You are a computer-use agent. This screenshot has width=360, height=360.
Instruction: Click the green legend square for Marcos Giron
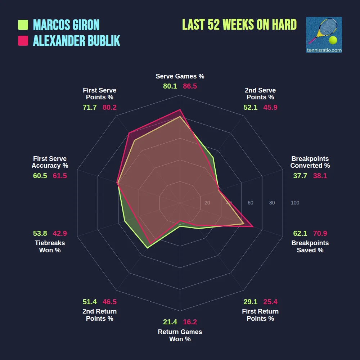pyautogui.click(x=23, y=25)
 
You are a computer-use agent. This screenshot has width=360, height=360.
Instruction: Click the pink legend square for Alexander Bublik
pyautogui.click(x=23, y=41)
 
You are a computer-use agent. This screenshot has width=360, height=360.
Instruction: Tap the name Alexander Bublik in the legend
pyautogui.click(x=76, y=41)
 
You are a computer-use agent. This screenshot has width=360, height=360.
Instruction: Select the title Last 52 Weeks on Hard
pyautogui.click(x=239, y=25)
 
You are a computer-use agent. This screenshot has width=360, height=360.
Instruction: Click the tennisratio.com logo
pyautogui.click(x=324, y=35)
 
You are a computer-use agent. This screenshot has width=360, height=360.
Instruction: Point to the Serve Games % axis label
pyautogui.click(x=180, y=76)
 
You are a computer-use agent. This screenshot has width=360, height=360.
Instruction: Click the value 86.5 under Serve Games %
pyautogui.click(x=190, y=86)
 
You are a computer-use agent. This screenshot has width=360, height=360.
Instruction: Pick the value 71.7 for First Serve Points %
pyautogui.click(x=90, y=107)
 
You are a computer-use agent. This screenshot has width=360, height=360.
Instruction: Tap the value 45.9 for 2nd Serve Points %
pyautogui.click(x=270, y=107)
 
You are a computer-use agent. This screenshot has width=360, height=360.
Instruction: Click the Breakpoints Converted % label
pyautogui.click(x=310, y=162)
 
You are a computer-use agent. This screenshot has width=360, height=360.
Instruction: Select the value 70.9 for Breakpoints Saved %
pyautogui.click(x=320, y=233)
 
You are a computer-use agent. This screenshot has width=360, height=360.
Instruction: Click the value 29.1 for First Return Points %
pyautogui.click(x=250, y=302)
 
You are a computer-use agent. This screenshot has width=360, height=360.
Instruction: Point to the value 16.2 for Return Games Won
pyautogui.click(x=190, y=322)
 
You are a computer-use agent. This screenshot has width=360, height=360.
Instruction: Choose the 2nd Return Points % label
pyautogui.click(x=100, y=315)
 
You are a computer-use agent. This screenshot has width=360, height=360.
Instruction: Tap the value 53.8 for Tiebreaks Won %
pyautogui.click(x=40, y=233)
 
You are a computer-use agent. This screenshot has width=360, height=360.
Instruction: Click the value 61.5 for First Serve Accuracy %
pyautogui.click(x=60, y=176)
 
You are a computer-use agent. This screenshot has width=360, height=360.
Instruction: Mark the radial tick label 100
pyautogui.click(x=295, y=203)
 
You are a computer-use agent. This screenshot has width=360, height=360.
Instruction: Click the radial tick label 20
pyautogui.click(x=207, y=203)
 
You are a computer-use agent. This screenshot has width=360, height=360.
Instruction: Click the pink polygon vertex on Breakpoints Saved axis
pyautogui.click(x=253, y=227)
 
